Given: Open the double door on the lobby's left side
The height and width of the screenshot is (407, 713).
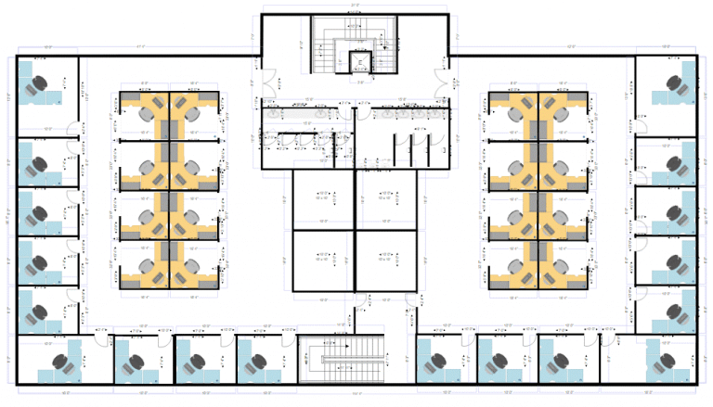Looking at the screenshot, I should tap(268, 82).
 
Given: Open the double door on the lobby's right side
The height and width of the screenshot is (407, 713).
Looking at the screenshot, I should tap(444, 82).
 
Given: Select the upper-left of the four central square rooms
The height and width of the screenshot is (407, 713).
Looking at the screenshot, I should tap(322, 197).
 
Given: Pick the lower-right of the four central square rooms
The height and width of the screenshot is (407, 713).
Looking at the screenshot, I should tap(385, 260).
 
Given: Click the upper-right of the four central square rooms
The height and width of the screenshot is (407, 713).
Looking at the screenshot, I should tap(385, 197).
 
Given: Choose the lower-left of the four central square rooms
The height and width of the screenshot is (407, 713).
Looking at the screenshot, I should tap(322, 260).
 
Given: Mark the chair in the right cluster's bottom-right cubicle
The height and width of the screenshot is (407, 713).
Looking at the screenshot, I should tap(561, 268).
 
